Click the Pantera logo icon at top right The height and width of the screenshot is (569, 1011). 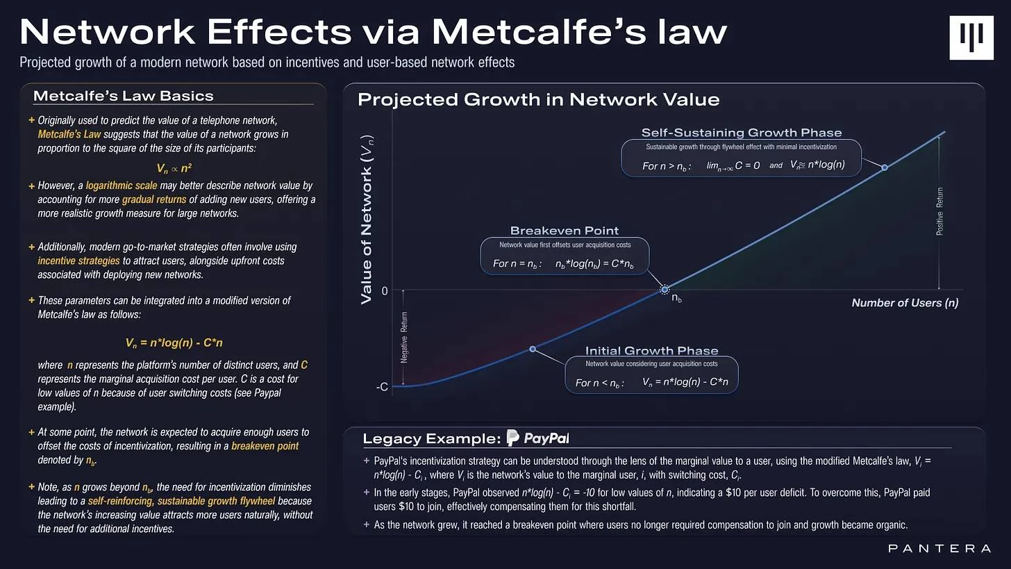pos(971,38)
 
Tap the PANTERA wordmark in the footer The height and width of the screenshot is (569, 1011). pos(939,549)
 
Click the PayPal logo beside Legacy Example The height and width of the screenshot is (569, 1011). pos(538,438)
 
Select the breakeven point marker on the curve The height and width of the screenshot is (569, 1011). pos(665,290)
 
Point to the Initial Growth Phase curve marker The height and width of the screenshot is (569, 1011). pos(533,349)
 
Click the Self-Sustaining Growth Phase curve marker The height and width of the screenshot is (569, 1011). pos(885,167)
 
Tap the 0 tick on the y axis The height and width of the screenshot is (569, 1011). pos(385,290)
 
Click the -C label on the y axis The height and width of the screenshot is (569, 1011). pos(382,387)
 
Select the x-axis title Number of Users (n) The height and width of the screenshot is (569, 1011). pos(905,303)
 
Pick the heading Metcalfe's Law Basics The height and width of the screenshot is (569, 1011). pos(123,96)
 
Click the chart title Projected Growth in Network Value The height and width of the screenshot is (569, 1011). pos(538,99)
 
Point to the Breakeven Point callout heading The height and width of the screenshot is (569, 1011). pos(564,231)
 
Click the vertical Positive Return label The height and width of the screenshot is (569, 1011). pos(940,211)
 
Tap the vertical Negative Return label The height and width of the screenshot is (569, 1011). pos(405,338)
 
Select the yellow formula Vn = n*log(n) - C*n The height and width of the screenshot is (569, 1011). pos(174,343)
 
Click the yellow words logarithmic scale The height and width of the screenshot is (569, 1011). pos(122,185)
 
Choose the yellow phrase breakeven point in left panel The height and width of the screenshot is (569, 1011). pos(265,446)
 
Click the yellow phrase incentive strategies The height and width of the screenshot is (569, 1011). pos(78,261)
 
